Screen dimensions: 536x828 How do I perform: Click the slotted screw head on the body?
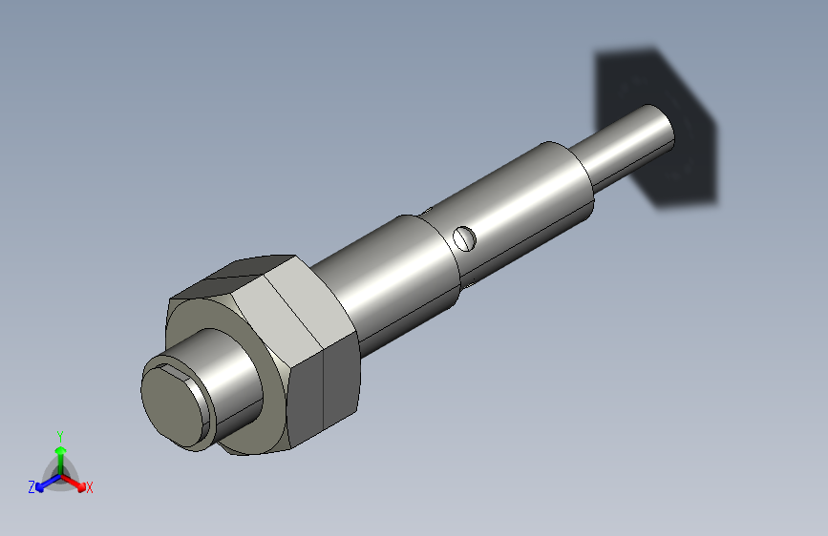pyautogui.click(x=464, y=237)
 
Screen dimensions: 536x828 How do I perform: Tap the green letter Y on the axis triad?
pyautogui.click(x=59, y=435)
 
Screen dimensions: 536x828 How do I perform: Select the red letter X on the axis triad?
pyautogui.click(x=90, y=488)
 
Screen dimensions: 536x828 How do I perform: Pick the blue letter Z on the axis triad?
pyautogui.click(x=32, y=486)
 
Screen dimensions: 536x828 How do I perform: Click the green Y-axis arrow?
pyautogui.click(x=60, y=452)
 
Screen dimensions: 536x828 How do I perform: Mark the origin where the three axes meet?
pyautogui.click(x=60, y=474)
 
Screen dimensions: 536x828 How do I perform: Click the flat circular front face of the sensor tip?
pyautogui.click(x=173, y=402)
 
